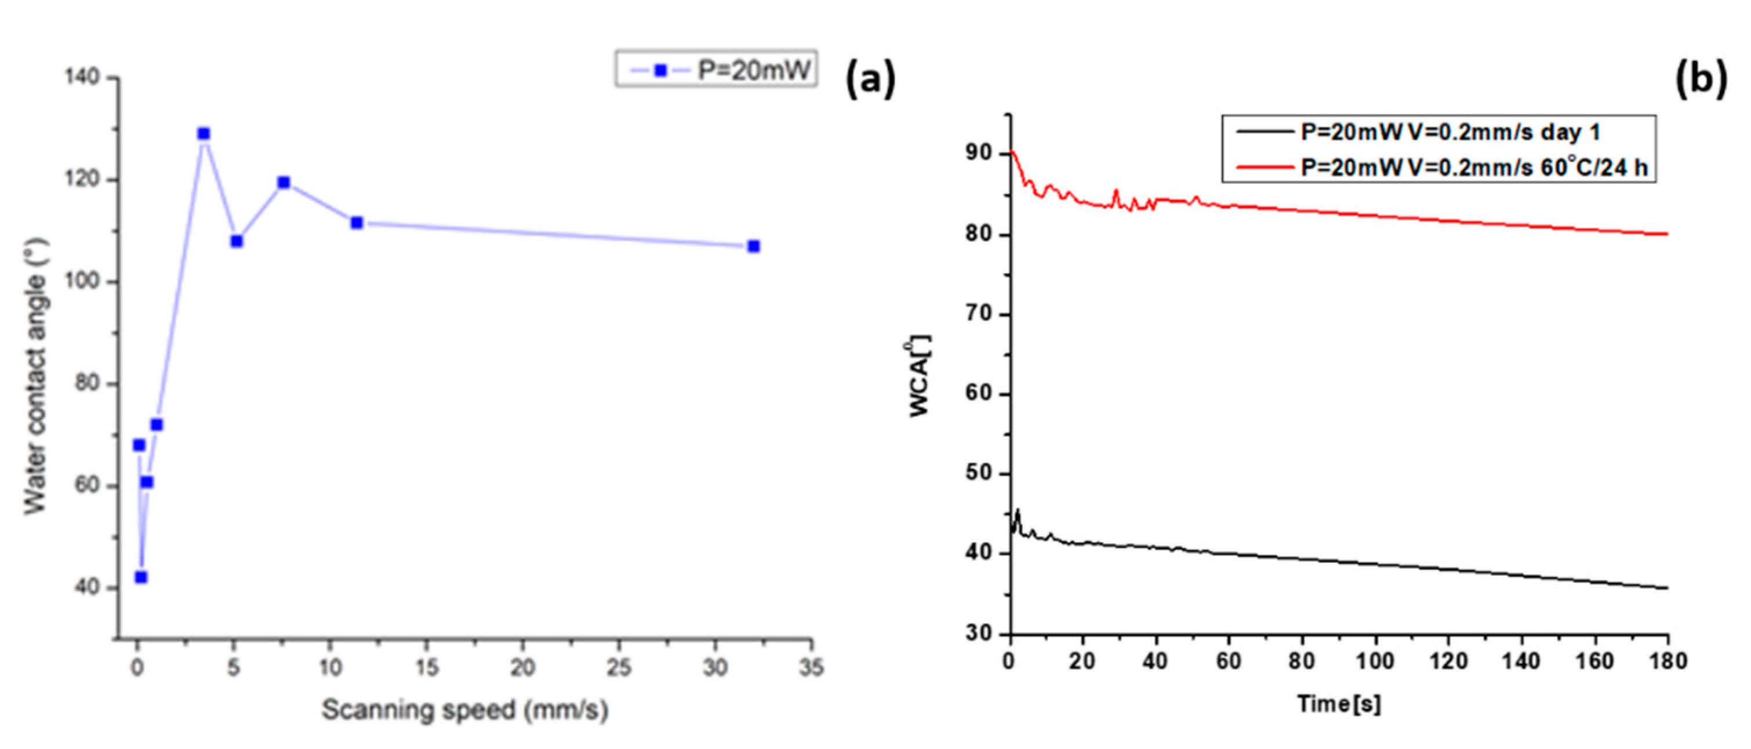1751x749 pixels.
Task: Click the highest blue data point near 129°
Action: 204,134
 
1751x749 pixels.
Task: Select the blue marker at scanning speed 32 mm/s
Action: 753,246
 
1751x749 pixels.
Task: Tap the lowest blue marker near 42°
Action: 141,577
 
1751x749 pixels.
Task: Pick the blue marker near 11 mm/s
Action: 357,223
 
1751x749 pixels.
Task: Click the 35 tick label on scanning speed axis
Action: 811,668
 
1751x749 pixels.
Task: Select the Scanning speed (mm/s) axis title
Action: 465,710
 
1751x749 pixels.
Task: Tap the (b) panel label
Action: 1700,79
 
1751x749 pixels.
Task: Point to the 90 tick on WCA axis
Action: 979,154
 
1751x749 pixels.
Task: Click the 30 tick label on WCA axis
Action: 979,633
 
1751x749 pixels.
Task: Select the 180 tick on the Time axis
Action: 1668,661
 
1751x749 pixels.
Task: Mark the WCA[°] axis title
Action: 920,376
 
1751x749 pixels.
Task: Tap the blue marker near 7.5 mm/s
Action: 284,183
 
